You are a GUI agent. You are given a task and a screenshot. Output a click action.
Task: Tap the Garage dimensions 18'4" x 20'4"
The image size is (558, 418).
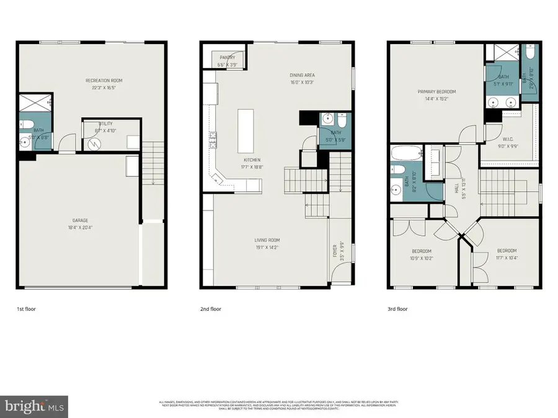click(x=79, y=227)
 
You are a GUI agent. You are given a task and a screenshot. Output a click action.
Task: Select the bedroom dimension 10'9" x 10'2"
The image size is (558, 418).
click(x=422, y=258)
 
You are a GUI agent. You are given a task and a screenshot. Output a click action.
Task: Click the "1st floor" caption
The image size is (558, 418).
click(x=26, y=308)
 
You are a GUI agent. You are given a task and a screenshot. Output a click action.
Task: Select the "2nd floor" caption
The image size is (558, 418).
click(x=211, y=308)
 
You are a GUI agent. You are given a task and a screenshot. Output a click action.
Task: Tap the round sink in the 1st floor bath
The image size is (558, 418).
click(x=25, y=141)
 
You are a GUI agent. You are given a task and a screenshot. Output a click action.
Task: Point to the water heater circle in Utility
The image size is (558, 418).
click(x=95, y=143)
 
